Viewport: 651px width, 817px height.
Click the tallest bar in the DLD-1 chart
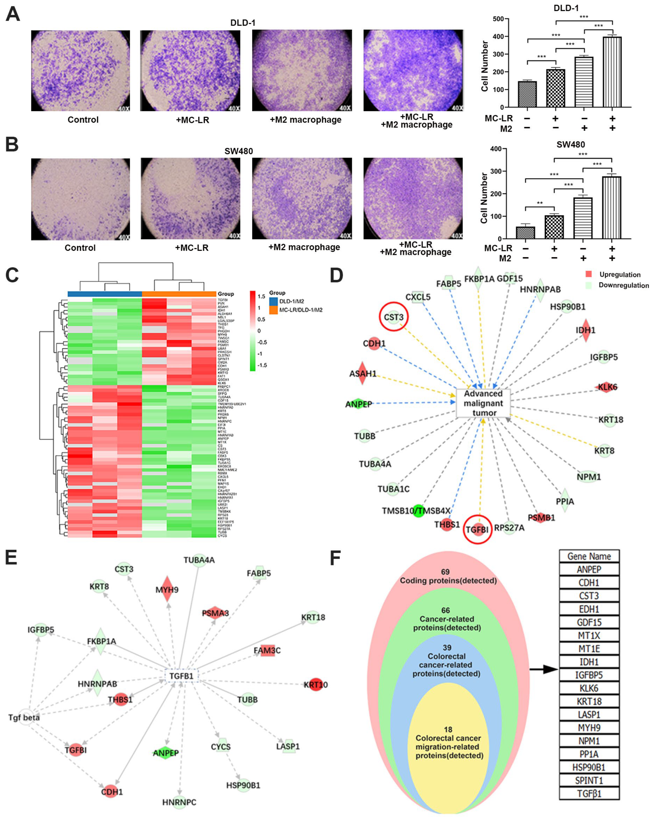[612, 72]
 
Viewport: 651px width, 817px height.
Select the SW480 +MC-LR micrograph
[190, 199]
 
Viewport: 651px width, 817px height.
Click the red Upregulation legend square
[589, 274]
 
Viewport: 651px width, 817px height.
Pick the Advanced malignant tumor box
[483, 403]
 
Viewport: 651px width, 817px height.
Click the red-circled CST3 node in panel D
[394, 317]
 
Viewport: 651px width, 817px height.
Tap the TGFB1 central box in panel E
[181, 676]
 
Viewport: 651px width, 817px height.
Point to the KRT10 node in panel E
[315, 685]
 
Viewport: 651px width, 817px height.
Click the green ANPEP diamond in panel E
[166, 753]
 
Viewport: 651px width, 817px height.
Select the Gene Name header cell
[589, 556]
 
